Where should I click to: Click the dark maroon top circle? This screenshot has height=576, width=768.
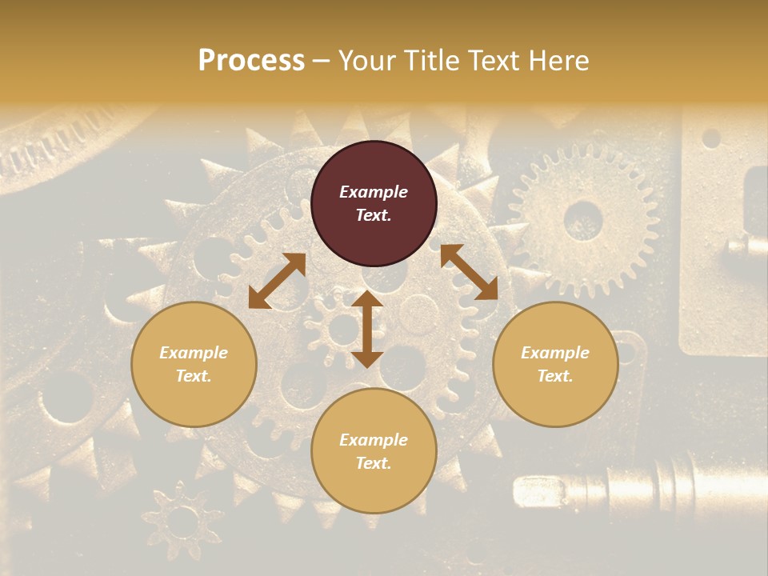[x=374, y=203]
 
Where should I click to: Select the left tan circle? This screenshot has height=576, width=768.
[x=194, y=364]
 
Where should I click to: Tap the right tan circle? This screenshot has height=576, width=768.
[x=555, y=364]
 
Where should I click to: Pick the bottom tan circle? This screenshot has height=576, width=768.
[x=374, y=451]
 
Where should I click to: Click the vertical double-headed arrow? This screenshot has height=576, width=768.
[x=367, y=329]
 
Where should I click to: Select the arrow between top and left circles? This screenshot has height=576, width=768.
[x=277, y=281]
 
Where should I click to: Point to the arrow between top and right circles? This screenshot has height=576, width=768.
[x=469, y=272]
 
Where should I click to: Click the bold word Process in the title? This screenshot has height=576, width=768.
[x=251, y=61]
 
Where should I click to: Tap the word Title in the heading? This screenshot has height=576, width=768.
[x=433, y=61]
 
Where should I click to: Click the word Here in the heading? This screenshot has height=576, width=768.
[x=559, y=61]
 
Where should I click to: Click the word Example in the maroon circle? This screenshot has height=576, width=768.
[x=374, y=192]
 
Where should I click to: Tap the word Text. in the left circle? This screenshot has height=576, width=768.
[x=194, y=376]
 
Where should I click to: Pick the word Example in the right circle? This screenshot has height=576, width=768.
[x=555, y=353]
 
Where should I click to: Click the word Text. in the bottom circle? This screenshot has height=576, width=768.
[x=374, y=463]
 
